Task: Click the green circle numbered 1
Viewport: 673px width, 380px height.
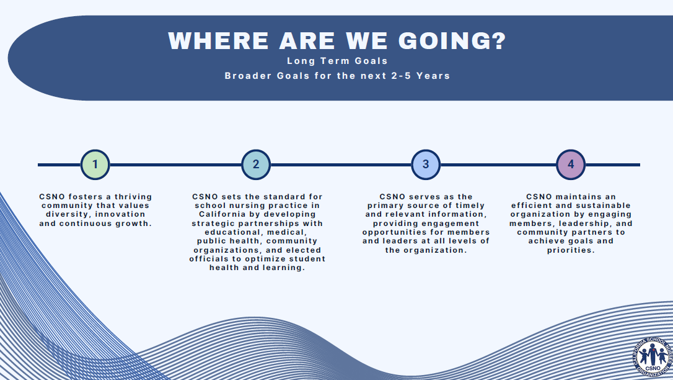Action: (x=95, y=164)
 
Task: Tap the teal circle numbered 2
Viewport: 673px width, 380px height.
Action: (x=256, y=164)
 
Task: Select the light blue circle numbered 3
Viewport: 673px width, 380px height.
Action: (x=426, y=164)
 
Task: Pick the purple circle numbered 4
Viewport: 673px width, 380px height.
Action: (x=571, y=164)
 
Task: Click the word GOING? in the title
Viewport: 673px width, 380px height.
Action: (x=452, y=41)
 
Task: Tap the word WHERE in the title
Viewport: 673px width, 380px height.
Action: (x=219, y=41)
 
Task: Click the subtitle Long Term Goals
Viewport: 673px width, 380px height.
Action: (x=337, y=61)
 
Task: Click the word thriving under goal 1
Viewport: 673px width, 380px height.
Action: (x=133, y=197)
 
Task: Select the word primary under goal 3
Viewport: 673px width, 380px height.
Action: (x=384, y=206)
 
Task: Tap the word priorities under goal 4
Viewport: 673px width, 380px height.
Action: (x=571, y=250)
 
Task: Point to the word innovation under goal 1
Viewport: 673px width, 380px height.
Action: (x=120, y=214)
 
